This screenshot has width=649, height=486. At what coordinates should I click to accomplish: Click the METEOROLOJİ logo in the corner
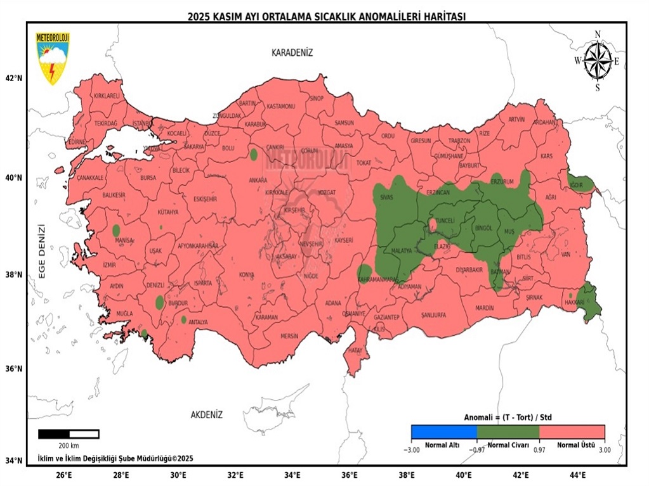click(53, 58)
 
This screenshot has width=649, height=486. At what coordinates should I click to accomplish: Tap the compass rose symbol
click(597, 61)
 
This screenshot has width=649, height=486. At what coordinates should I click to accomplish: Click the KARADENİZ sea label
click(292, 53)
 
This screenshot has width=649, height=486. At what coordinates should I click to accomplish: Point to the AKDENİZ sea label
click(207, 415)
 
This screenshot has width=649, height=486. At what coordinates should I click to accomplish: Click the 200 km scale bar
click(69, 434)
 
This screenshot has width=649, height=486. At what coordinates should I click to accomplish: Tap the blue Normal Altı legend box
click(443, 432)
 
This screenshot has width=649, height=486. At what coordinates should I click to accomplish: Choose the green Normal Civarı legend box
click(508, 432)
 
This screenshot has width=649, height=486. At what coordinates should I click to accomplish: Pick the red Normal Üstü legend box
click(572, 432)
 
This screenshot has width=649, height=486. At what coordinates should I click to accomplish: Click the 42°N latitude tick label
click(14, 78)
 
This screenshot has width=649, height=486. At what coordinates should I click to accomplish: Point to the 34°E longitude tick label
click(292, 475)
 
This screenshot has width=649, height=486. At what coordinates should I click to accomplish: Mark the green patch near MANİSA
click(116, 231)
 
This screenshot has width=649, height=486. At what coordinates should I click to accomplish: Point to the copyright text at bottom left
click(115, 458)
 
